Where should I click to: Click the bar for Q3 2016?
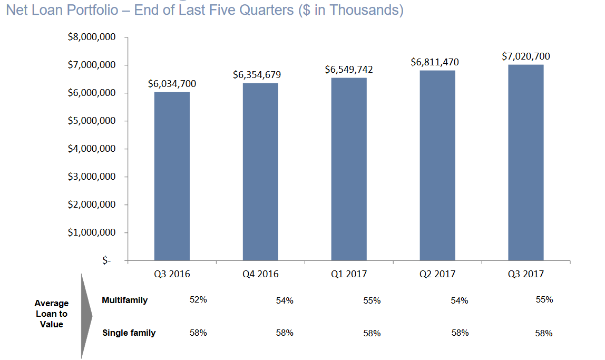172,176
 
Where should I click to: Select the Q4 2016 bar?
260,172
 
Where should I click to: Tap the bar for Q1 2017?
349,169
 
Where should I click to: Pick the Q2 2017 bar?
437,166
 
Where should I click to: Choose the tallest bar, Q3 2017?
525,162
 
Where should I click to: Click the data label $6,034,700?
172,84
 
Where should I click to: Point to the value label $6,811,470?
435,62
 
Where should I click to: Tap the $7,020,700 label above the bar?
526,56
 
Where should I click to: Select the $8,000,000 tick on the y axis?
92,37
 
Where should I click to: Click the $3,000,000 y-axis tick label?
92,177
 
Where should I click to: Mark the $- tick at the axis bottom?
107,260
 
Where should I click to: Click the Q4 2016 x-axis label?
260,274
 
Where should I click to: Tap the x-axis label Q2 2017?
437,274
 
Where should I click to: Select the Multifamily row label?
124,300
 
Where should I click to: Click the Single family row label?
129,333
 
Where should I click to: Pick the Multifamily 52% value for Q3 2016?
198,300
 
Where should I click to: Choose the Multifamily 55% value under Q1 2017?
372,301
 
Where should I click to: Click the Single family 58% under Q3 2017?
543,333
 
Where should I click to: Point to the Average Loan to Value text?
52,314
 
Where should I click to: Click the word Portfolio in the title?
99,10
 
